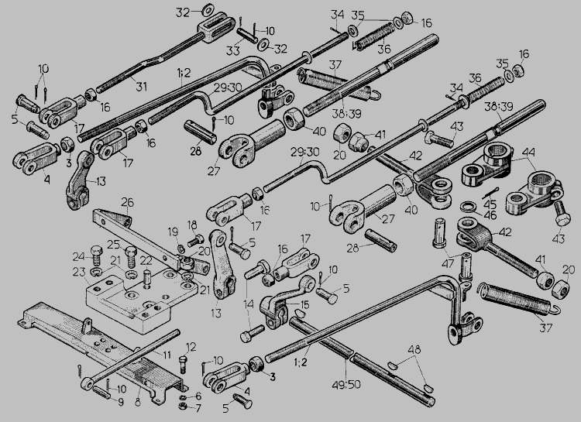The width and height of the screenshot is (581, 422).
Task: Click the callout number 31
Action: (141, 86)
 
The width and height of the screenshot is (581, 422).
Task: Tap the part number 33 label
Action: (232, 51)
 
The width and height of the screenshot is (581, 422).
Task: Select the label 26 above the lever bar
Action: (128, 203)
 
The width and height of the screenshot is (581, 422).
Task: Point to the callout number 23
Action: (79, 273)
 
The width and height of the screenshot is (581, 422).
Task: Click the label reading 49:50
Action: (346, 385)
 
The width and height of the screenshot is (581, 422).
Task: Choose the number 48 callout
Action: (414, 349)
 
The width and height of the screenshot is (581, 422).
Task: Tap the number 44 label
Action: (528, 152)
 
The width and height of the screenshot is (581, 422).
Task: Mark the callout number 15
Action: (304, 304)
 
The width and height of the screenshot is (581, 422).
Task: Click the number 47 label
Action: (448, 265)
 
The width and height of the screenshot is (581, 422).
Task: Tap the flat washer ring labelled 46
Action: (469, 206)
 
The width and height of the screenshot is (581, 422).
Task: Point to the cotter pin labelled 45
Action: (491, 193)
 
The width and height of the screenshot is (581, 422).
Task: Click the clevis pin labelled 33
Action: (246, 36)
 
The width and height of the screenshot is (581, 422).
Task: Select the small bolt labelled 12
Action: (183, 365)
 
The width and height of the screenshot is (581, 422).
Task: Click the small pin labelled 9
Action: (102, 392)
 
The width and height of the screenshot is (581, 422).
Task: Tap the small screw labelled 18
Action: (196, 241)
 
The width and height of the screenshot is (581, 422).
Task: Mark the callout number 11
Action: (167, 355)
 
